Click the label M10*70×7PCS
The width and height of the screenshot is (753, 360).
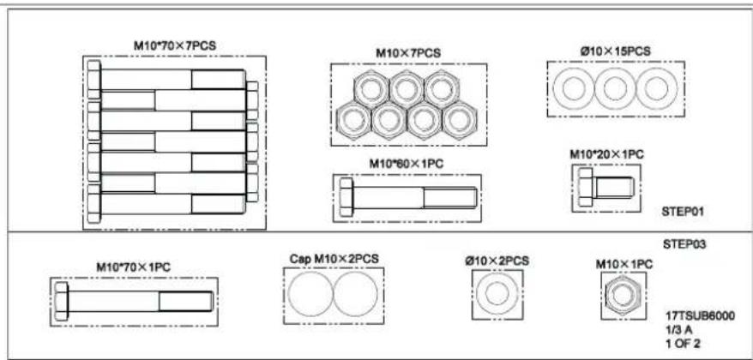point(175,46)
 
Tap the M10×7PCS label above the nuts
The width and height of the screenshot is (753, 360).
point(408,53)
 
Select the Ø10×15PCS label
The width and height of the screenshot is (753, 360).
point(616,51)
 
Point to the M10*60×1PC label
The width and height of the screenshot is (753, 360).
point(407,164)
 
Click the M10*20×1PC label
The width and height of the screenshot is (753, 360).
point(606,155)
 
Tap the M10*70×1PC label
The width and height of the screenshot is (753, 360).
point(134,267)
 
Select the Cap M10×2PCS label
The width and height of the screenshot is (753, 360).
point(334,259)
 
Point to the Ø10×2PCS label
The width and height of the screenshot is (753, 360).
point(497,261)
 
